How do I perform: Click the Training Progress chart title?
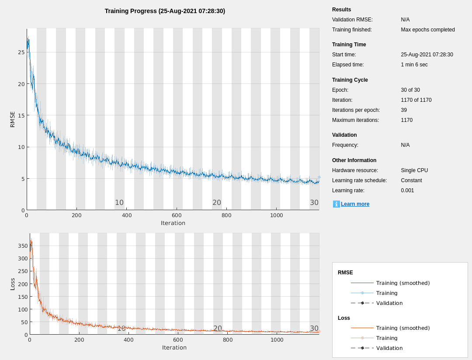[165, 11]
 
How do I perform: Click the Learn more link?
[355, 204]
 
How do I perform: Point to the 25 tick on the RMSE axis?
[21, 52]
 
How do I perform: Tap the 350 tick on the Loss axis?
[22, 246]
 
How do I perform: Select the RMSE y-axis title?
[13, 119]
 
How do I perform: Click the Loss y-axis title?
[13, 284]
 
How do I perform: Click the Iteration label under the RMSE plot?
[173, 223]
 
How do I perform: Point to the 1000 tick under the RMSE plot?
[276, 215]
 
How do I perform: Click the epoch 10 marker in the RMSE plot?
[119, 203]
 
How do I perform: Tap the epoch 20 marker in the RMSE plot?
[217, 203]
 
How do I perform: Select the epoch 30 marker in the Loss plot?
[314, 329]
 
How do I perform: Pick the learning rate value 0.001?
[407, 190]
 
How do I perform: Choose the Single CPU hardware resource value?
[414, 170]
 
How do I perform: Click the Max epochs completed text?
[427, 30]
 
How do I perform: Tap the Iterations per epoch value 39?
[404, 110]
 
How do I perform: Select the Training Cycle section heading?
[350, 80]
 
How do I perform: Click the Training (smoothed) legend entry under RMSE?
[403, 283]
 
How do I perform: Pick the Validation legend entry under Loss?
[389, 348]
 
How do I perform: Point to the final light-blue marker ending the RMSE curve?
[319, 177]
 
